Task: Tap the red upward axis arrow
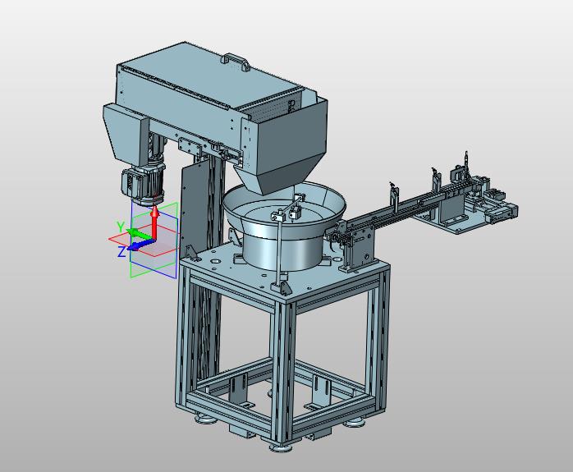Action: (155, 222)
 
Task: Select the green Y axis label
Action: (121, 227)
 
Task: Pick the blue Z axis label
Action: (121, 251)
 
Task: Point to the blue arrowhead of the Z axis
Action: (133, 246)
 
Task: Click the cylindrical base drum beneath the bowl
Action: (282, 252)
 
